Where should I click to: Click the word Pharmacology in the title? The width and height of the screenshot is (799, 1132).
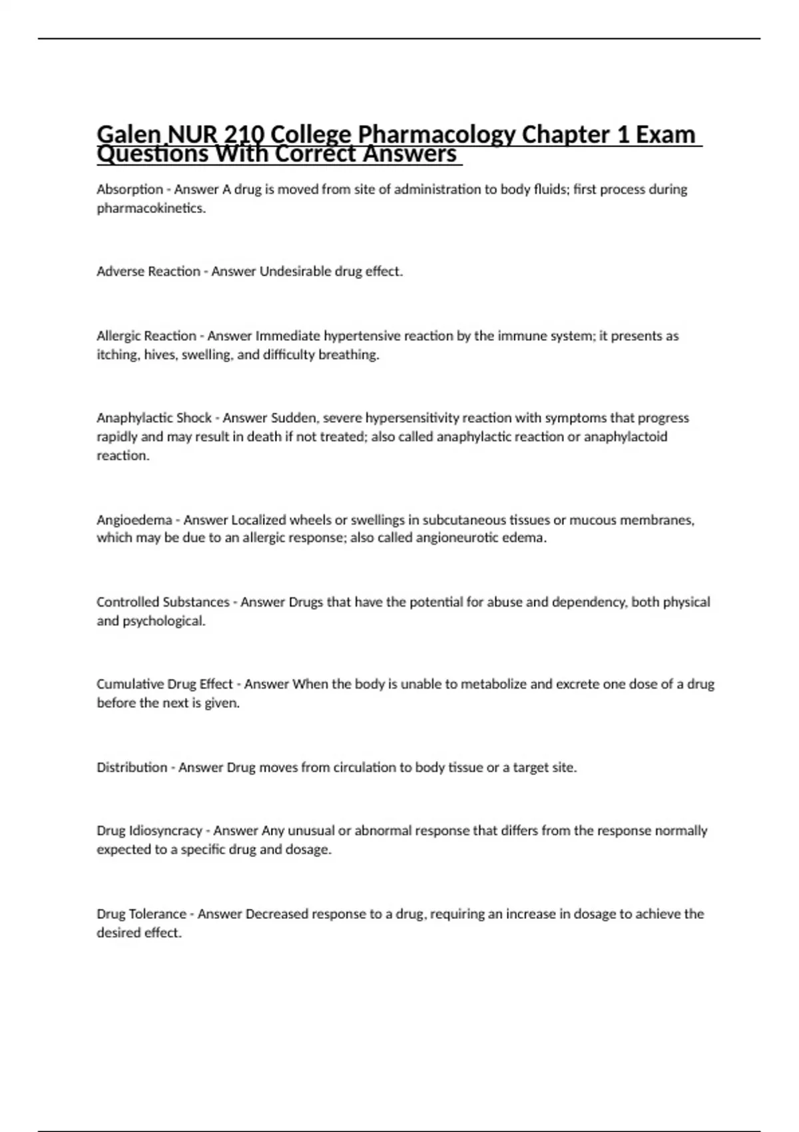tap(436, 135)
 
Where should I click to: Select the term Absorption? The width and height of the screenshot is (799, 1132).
tap(130, 190)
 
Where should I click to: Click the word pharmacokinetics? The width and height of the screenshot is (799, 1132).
tap(150, 208)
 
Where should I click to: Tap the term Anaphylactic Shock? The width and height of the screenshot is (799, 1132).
tap(154, 418)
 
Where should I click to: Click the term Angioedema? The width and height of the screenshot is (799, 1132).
tap(134, 520)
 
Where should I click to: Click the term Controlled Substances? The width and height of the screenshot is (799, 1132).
tap(163, 603)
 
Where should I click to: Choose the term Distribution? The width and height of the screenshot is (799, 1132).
tap(132, 768)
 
